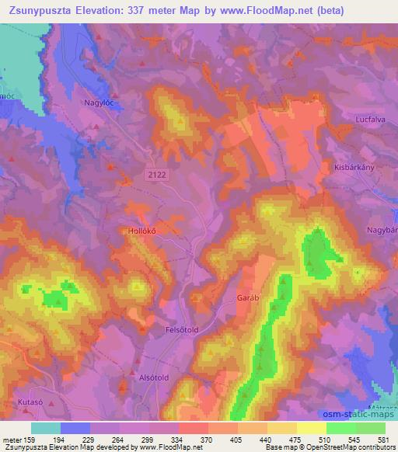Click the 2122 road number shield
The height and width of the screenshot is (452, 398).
click(x=155, y=176)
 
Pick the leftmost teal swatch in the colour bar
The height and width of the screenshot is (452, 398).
click(x=46, y=427)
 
